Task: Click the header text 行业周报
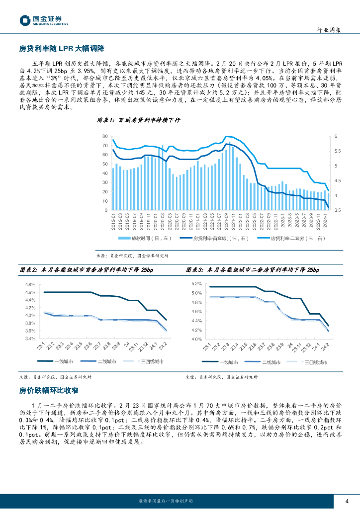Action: coord(329,30)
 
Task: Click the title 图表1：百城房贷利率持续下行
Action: coord(138,121)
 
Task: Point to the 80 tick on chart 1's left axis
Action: coord(105,136)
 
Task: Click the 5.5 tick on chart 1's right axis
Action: coord(337,151)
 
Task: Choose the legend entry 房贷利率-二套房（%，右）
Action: coord(293,239)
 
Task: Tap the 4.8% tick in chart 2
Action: coord(30,285)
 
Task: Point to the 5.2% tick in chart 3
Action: coord(196,283)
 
